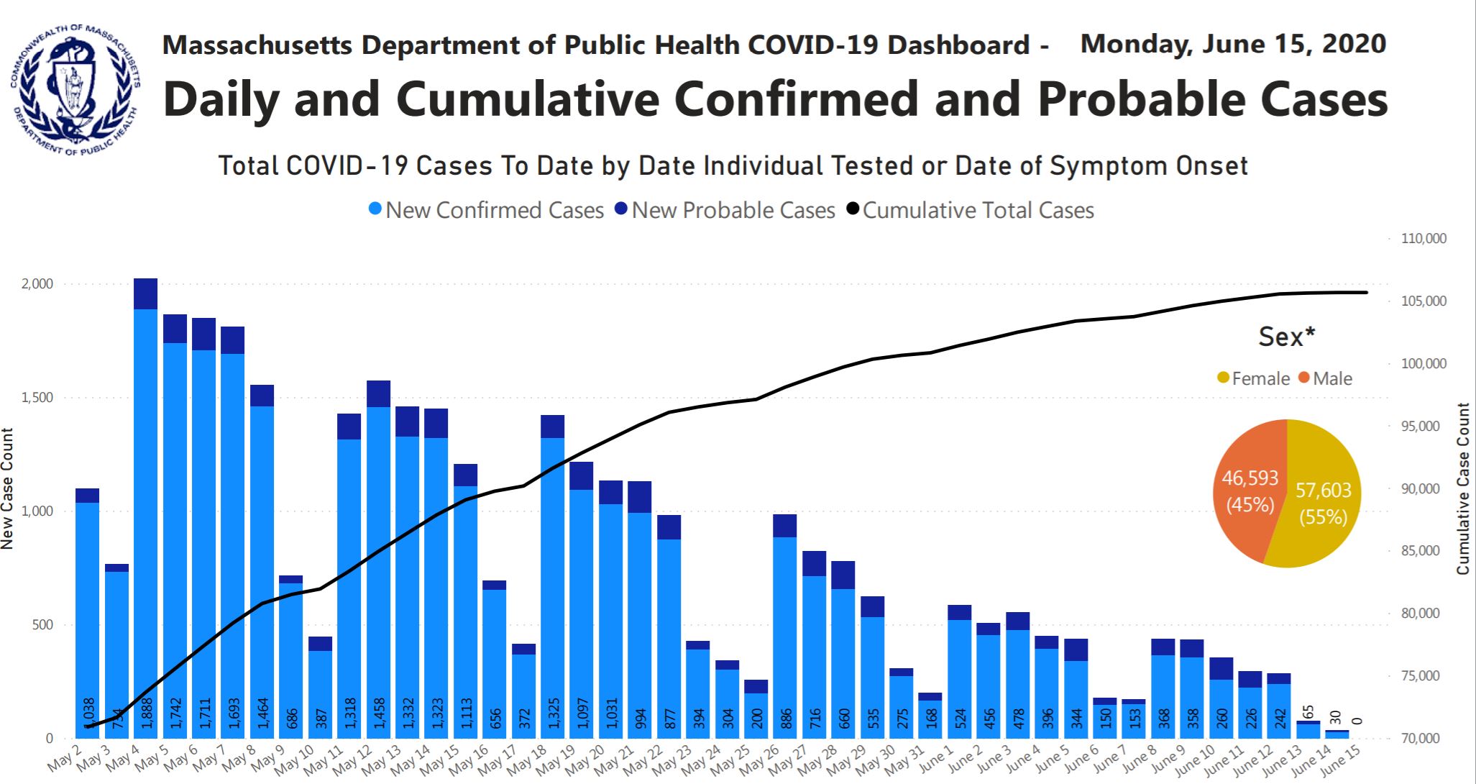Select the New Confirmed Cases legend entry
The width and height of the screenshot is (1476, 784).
pos(486,210)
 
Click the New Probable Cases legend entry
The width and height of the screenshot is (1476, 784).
pos(725,210)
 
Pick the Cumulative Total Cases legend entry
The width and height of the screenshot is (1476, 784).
pos(970,210)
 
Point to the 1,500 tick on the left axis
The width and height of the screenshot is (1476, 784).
pos(37,398)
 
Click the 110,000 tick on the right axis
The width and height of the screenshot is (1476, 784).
pos(1424,239)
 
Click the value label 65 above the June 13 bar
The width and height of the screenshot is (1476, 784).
pos(1308,712)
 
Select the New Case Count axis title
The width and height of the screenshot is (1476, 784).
pos(8,489)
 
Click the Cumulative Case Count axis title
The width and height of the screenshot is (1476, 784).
pos(1463,489)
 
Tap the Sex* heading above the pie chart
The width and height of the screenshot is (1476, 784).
pos(1286,337)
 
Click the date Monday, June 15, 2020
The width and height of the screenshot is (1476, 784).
pos(1233,45)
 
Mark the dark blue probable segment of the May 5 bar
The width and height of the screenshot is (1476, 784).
pos(175,329)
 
